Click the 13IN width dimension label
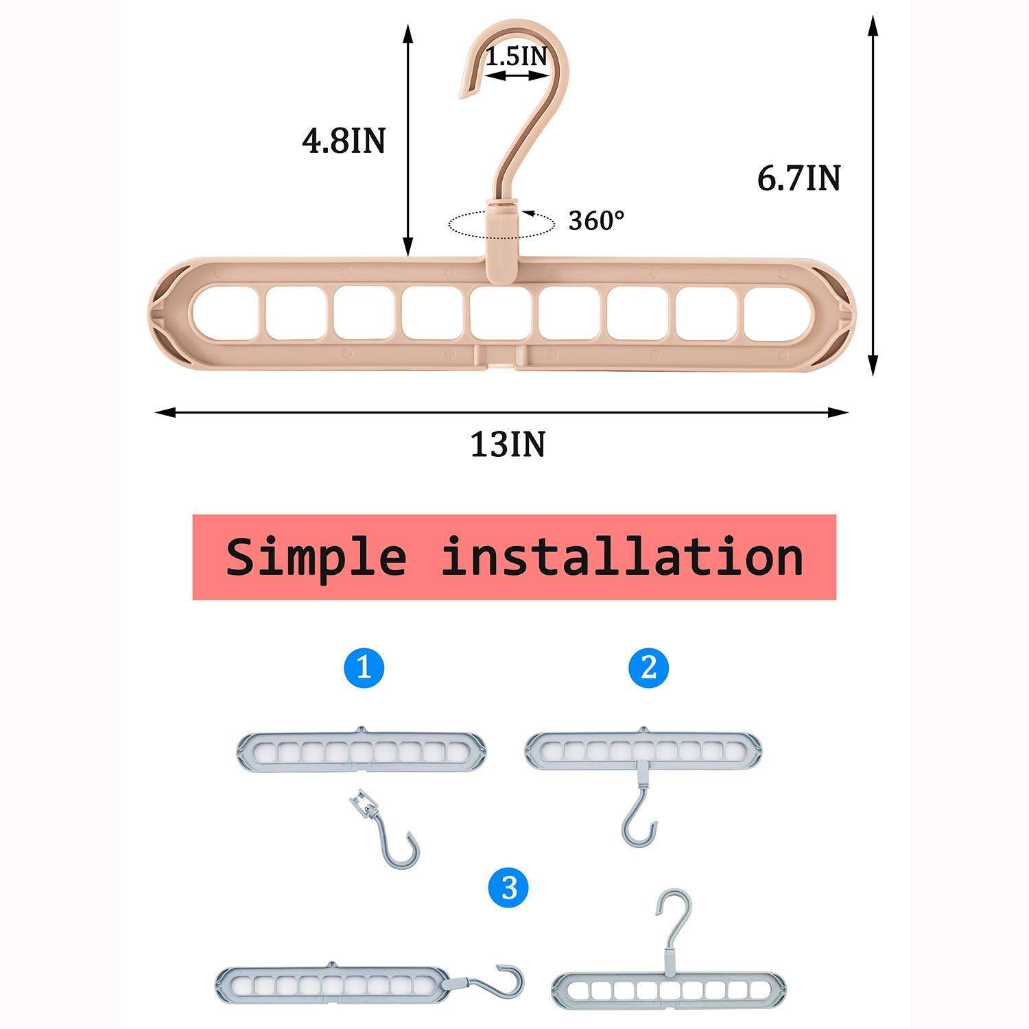click(x=508, y=445)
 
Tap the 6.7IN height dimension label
click(x=799, y=178)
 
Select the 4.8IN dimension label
click(x=344, y=141)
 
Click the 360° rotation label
click(x=597, y=220)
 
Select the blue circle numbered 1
click(x=364, y=667)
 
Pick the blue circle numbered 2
click(x=648, y=667)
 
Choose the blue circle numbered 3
click(x=508, y=889)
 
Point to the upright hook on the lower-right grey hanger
click(x=669, y=919)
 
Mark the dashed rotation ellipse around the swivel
click(x=501, y=224)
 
